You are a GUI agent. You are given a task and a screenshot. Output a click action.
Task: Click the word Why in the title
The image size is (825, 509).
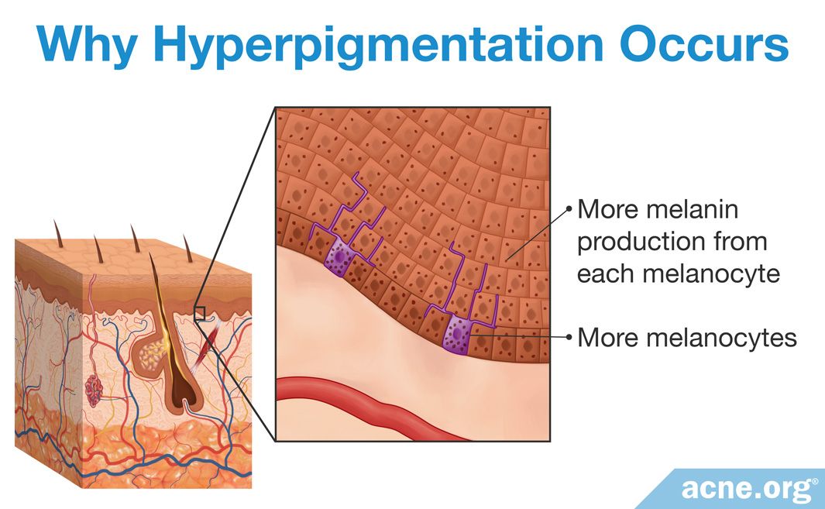(86, 44)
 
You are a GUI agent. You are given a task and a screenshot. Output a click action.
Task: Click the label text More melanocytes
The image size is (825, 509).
(687, 338)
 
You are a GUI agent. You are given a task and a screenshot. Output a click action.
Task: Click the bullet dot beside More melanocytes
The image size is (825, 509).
(569, 337)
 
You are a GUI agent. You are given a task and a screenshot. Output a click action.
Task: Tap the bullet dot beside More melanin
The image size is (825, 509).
(569, 209)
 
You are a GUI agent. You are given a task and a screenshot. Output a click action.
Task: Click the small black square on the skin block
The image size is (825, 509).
(199, 313)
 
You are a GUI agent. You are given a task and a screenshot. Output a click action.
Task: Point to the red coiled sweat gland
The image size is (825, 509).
(95, 390)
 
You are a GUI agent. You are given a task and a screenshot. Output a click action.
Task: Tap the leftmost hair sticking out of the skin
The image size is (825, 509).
(58, 233)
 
